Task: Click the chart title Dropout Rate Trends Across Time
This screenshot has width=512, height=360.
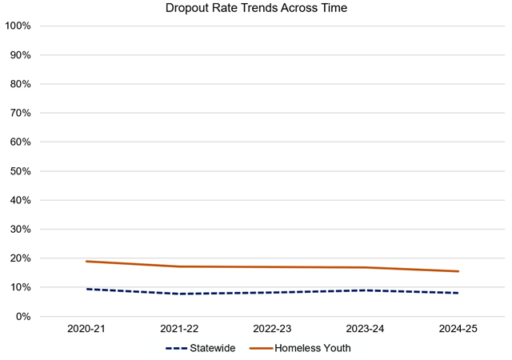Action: pyautogui.click(x=256, y=9)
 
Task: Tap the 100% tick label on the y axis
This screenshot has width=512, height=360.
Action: pyautogui.click(x=18, y=26)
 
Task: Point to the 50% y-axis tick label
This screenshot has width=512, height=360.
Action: pyautogui.click(x=20, y=171)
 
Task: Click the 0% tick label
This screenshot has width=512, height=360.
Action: pyautogui.click(x=23, y=316)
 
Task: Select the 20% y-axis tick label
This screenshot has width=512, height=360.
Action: pyautogui.click(x=20, y=258)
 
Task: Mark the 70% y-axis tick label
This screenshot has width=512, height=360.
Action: pyautogui.click(x=20, y=113)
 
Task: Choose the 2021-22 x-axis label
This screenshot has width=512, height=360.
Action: pyautogui.click(x=178, y=330)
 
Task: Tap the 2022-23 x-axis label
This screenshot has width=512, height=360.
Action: pyautogui.click(x=272, y=330)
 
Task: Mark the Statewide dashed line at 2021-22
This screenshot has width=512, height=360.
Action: pyautogui.click(x=178, y=294)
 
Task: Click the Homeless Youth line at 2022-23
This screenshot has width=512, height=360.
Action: pyautogui.click(x=272, y=267)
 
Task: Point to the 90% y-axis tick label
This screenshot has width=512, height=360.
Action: pyautogui.click(x=20, y=55)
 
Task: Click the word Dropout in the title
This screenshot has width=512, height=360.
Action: pyautogui.click(x=188, y=9)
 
